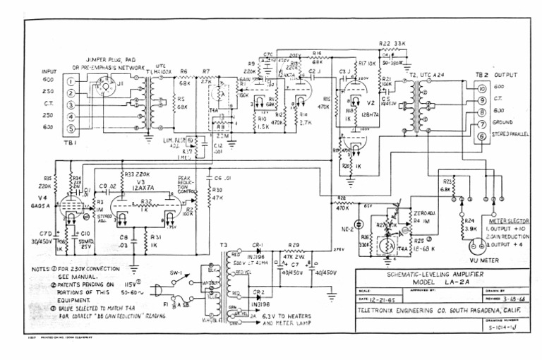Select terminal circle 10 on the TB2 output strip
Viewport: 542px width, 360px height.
(x=481, y=88)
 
